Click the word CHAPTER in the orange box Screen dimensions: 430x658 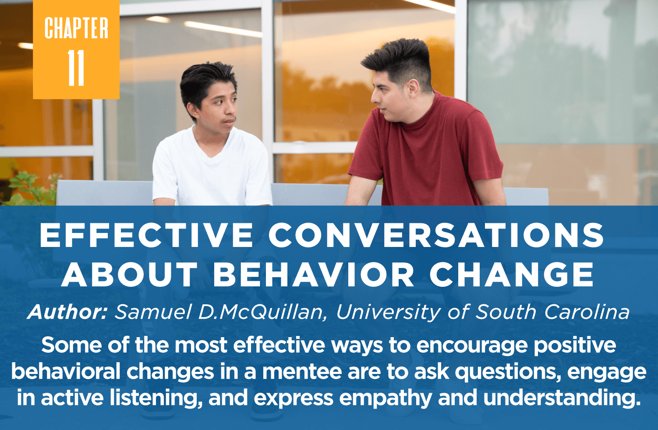pos(76,29)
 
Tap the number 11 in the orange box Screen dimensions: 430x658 pos(76,68)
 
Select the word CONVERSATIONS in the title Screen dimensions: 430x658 pos(436,235)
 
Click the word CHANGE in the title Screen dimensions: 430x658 pos(511,275)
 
